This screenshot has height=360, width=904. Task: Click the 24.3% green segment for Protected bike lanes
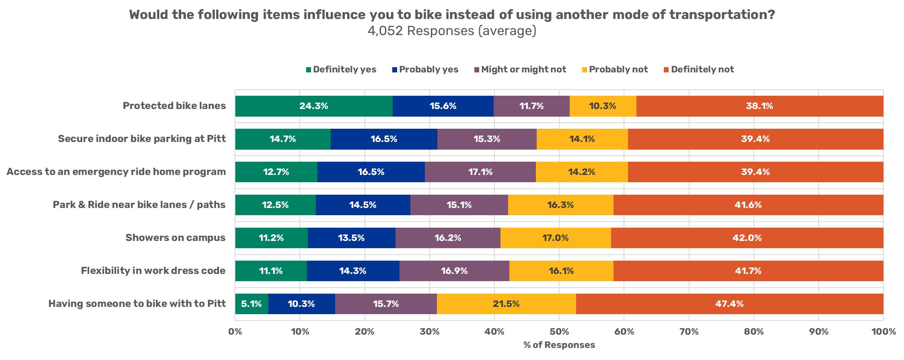tap(313, 106)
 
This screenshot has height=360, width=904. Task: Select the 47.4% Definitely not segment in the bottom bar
tap(729, 304)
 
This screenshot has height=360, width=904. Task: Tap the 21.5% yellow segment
tap(506, 304)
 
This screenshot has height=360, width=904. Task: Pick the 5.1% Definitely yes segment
tap(251, 304)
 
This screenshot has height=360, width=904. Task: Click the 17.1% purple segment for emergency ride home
tap(480, 172)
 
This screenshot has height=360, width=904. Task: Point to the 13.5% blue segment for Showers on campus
tap(351, 238)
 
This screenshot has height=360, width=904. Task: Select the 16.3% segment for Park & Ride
tap(560, 205)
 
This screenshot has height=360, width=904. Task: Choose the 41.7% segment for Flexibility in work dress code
tap(748, 271)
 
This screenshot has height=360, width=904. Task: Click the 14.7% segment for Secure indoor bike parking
tap(282, 139)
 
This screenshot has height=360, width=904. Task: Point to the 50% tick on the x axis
tap(559, 332)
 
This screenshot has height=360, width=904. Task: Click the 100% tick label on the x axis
tap(883, 332)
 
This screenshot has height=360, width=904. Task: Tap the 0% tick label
tap(235, 332)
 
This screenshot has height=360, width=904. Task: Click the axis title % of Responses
tap(559, 345)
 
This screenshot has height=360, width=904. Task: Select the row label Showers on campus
tap(175, 238)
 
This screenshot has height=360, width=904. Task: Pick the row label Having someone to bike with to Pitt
tap(137, 304)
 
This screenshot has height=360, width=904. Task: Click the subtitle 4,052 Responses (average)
tap(451, 31)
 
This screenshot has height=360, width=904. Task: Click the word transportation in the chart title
tap(721, 15)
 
